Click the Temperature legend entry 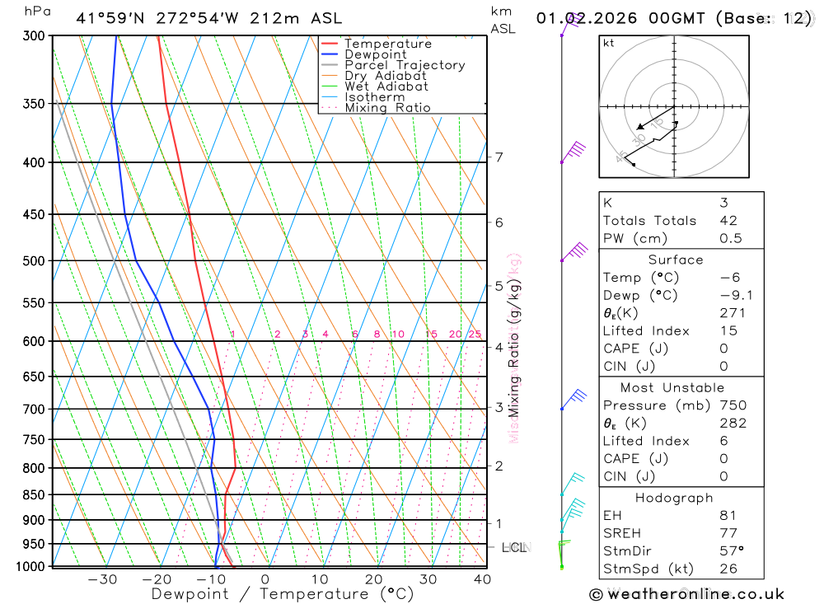(387, 44)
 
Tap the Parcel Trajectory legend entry (404, 65)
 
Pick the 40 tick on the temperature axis (482, 579)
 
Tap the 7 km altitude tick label (499, 157)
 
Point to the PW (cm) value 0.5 (730, 238)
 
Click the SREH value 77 (728, 533)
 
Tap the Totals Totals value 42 (728, 220)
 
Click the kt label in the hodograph (608, 43)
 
